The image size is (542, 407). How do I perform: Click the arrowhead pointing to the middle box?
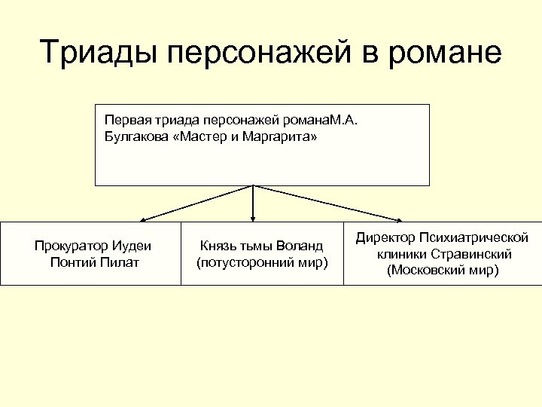[x=253, y=219]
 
